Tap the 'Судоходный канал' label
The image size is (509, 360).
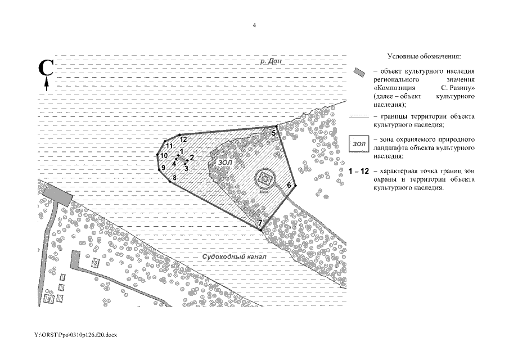tap(233, 257)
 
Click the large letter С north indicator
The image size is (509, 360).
tap(46, 68)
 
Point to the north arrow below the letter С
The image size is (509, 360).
tap(46, 84)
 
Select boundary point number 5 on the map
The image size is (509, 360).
tap(276, 127)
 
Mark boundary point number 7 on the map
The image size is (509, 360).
tap(262, 229)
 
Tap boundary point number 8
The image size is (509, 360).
tap(170, 182)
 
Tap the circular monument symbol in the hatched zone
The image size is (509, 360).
tap(264, 179)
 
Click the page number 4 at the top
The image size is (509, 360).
tap(255, 25)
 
